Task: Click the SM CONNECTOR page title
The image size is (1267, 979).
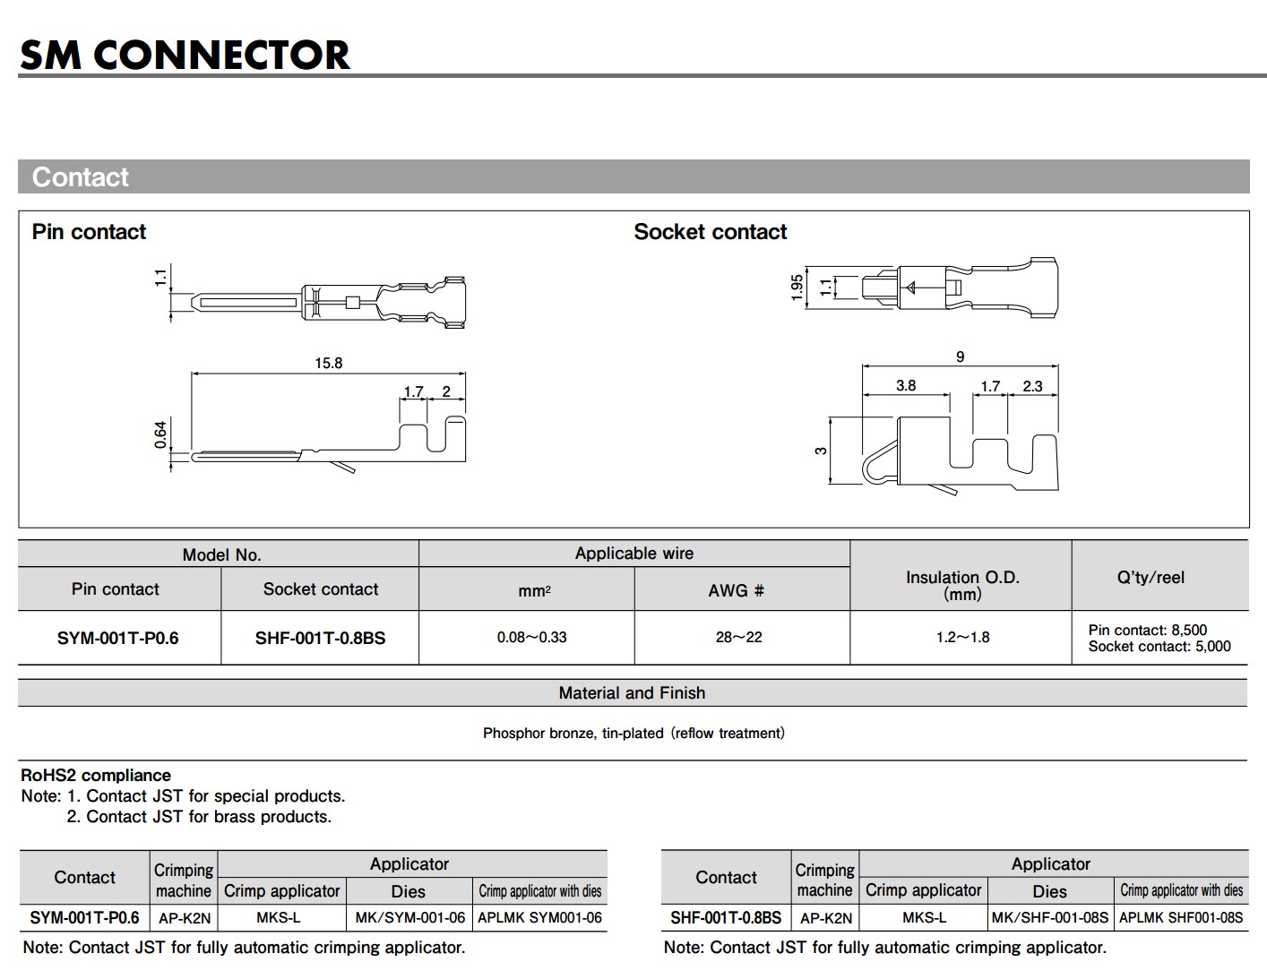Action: tap(185, 55)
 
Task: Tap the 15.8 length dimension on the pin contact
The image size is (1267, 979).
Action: tap(328, 363)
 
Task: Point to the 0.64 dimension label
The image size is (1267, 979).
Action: tap(160, 434)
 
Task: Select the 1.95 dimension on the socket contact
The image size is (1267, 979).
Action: tap(797, 288)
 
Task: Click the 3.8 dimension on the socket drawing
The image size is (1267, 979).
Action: tap(906, 385)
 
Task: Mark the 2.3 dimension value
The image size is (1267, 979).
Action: tap(1032, 386)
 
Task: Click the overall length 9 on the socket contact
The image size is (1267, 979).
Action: tap(960, 356)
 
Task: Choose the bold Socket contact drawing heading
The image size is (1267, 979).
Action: tap(710, 232)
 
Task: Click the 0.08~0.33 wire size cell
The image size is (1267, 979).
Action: tap(531, 638)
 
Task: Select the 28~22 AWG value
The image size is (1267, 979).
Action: tap(738, 638)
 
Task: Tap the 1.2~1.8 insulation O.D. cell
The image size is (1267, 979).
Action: tap(962, 638)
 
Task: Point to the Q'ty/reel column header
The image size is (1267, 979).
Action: tap(1151, 578)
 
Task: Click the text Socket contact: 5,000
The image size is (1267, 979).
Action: tap(1159, 647)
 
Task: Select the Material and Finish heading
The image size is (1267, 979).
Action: tap(632, 692)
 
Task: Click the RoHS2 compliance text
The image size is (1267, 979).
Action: tap(96, 776)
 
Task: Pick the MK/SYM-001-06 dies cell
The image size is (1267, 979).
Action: tap(409, 917)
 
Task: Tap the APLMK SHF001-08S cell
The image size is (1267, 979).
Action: tap(1181, 917)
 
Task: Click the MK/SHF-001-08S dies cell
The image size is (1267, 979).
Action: tap(1049, 917)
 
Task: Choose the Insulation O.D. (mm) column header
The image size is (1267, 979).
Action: tap(962, 585)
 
